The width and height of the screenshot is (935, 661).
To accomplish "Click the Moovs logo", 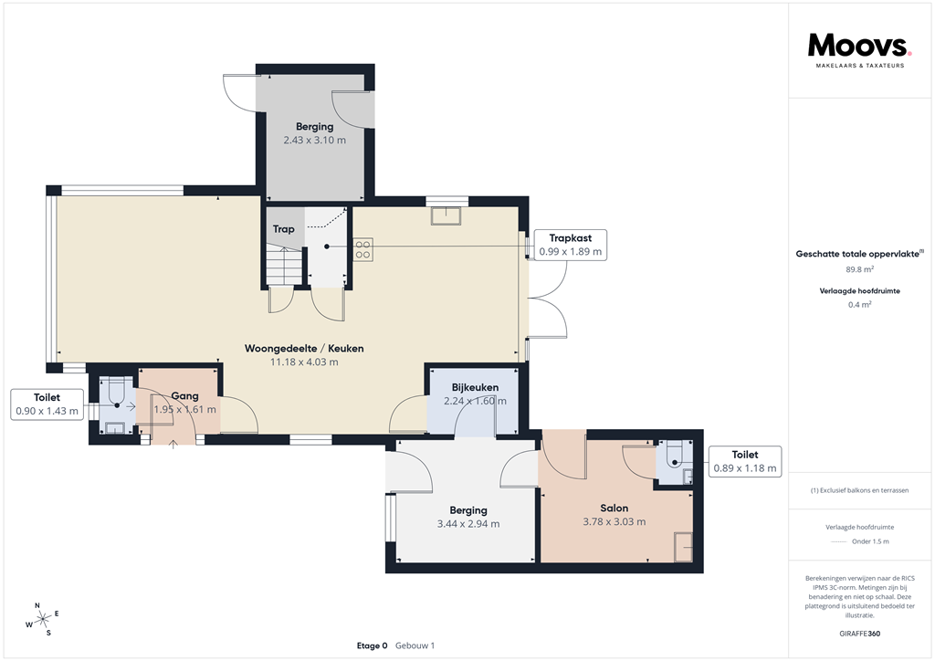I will coord(858,47).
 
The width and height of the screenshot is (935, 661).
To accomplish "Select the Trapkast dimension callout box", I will coord(571,245).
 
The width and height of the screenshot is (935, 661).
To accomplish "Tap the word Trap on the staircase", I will coord(283,229).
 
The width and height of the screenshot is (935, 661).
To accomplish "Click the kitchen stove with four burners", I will coord(362,249).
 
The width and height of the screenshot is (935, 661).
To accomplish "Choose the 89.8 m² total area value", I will coord(858,269).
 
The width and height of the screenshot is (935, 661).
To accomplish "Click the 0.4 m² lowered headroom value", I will coord(858,305).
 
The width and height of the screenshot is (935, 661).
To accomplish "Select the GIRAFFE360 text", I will coord(858,634).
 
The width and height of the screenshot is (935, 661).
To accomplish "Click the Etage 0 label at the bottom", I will coord(372,645).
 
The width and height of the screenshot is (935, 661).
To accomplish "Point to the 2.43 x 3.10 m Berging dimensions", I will coord(314,141).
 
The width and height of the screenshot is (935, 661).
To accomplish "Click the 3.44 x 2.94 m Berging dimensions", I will coord(468,524).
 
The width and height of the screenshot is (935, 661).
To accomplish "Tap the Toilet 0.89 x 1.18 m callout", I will coord(745,461).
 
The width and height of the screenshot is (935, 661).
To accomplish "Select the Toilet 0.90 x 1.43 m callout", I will coord(47,404).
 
